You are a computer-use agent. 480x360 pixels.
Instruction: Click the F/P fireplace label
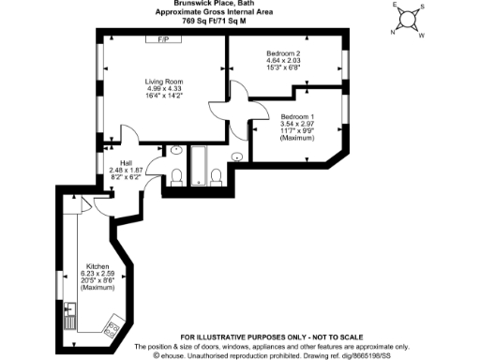point(163,40)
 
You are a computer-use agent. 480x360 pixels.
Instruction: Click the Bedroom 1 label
point(297,116)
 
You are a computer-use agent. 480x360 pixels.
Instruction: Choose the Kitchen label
point(98,265)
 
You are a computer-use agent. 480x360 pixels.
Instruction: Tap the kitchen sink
point(69,309)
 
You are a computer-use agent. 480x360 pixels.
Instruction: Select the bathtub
point(200,165)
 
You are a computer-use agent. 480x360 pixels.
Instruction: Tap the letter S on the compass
point(423,7)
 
